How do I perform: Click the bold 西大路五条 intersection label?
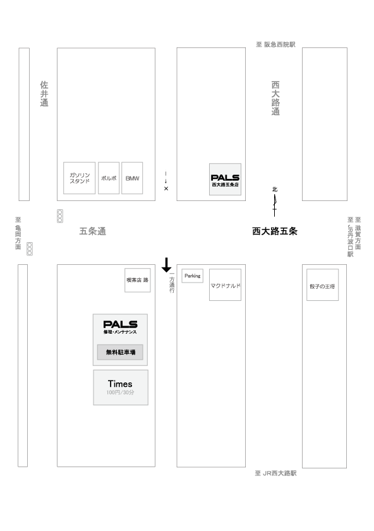click(x=275, y=231)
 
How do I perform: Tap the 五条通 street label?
click(x=93, y=231)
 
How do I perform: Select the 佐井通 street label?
click(x=44, y=94)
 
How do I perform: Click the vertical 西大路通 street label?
click(x=275, y=98)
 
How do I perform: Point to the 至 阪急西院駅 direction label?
click(x=275, y=44)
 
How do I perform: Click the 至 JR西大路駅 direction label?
click(x=275, y=473)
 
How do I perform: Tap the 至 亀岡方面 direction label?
click(x=18, y=233)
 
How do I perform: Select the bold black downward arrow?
click(x=166, y=265)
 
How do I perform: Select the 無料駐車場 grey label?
click(x=120, y=352)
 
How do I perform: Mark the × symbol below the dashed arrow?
click(x=166, y=188)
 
